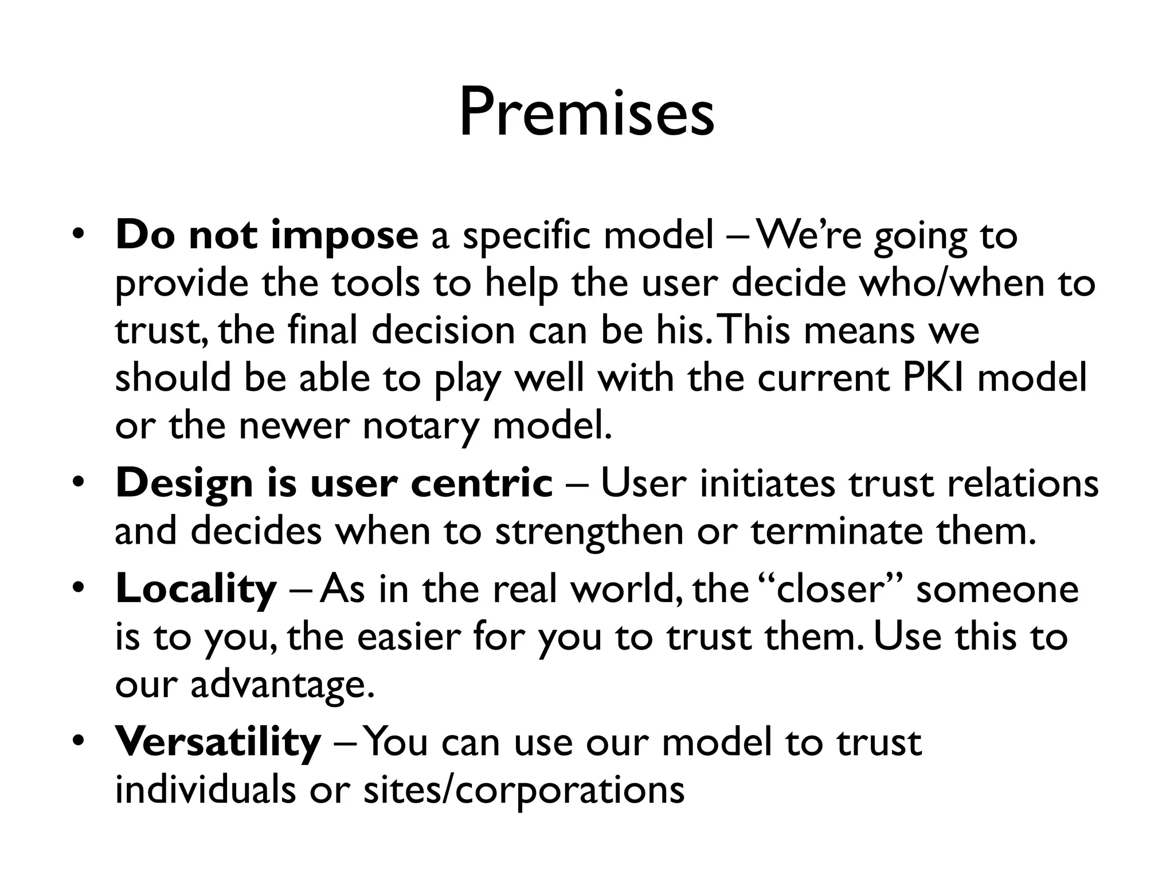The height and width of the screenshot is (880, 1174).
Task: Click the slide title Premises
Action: point(586,112)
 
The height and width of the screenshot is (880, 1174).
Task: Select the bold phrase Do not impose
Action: point(267,235)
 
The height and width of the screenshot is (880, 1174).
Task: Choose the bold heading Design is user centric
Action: point(334,483)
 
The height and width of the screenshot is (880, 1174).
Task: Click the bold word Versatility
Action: point(218,742)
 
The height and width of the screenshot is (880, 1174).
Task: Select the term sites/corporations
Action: point(524,789)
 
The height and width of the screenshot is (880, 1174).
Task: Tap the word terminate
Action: point(837,531)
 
